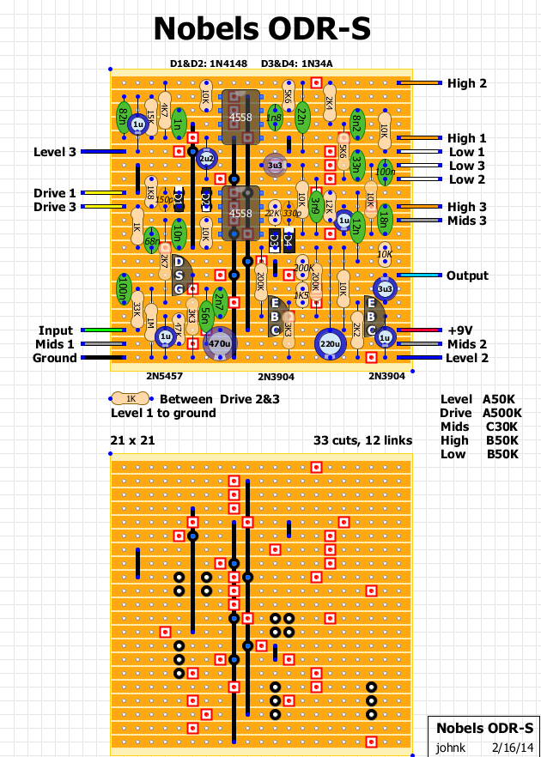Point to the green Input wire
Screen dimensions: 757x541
(x=101, y=330)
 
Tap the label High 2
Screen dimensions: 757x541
(x=466, y=83)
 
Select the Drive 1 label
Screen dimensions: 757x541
(x=55, y=193)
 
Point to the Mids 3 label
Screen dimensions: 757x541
(x=466, y=221)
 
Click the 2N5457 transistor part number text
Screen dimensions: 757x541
(x=165, y=376)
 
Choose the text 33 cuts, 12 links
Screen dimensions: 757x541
(x=362, y=440)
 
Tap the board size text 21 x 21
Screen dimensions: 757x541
(x=133, y=440)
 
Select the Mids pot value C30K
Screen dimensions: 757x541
(x=501, y=427)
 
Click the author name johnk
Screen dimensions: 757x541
(x=453, y=747)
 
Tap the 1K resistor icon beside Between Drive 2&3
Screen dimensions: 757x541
(x=131, y=398)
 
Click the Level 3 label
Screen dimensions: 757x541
(x=55, y=152)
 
